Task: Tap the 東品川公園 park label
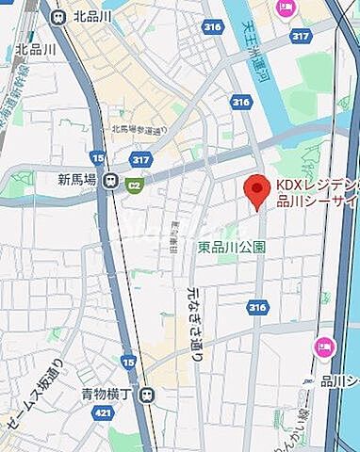click(x=232, y=247)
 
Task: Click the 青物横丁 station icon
click(x=146, y=396)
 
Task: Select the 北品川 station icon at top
click(x=58, y=16)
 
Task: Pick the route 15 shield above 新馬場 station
click(x=97, y=156)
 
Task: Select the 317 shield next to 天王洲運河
click(x=300, y=36)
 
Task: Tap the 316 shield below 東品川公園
click(x=257, y=307)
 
